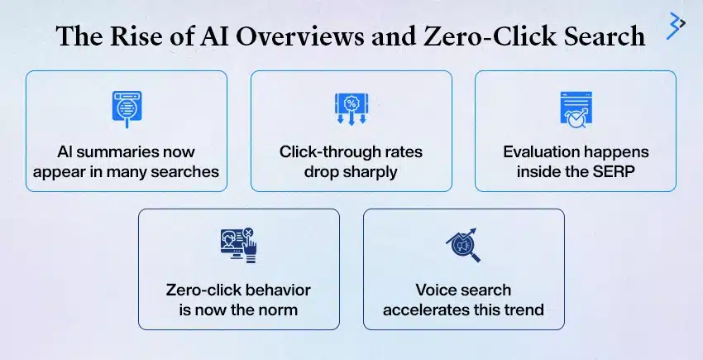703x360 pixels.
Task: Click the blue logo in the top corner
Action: coord(677,26)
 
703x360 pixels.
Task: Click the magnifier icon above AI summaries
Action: coord(127,109)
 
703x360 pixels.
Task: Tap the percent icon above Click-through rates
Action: coord(351,109)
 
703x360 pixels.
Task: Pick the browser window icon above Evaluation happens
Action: coord(575,109)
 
